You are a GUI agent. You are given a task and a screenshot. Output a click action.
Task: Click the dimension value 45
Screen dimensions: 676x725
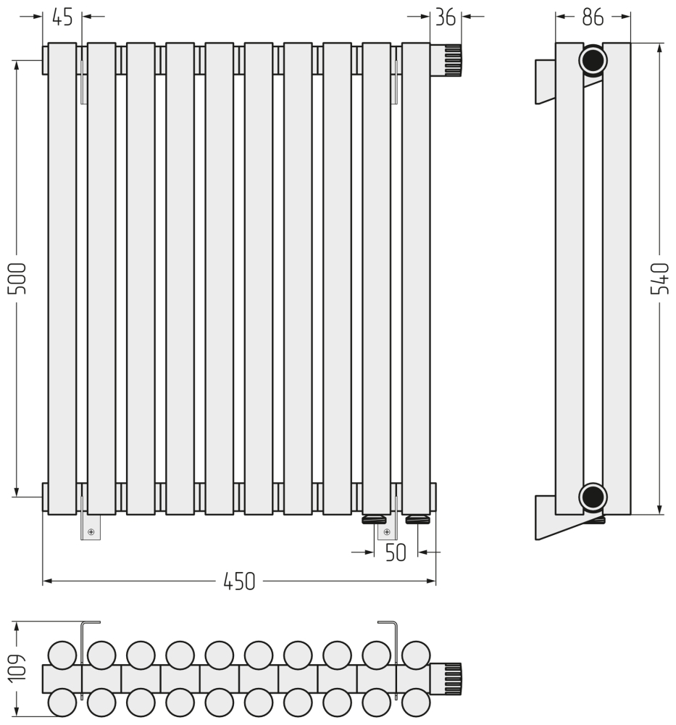click(x=62, y=17)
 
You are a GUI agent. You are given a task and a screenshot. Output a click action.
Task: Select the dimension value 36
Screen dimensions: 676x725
click(x=446, y=17)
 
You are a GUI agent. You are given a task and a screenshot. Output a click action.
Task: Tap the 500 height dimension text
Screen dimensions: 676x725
click(x=17, y=278)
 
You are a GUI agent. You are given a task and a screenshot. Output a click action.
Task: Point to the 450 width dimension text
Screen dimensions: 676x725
click(x=239, y=581)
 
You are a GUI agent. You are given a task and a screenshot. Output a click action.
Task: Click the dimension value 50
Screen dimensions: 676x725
click(x=396, y=552)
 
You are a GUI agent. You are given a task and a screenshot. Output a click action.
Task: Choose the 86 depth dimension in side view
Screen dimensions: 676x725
click(x=593, y=17)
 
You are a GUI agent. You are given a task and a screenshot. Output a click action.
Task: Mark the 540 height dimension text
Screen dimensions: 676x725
click(x=659, y=278)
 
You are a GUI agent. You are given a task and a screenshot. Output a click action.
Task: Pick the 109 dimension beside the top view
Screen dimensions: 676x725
click(x=17, y=667)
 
